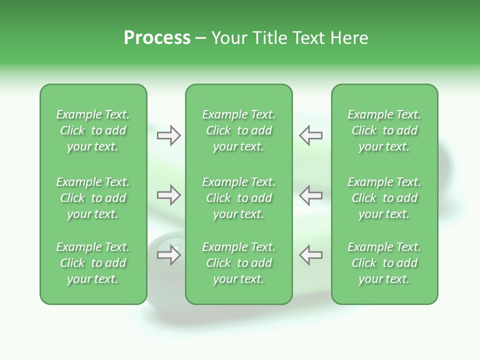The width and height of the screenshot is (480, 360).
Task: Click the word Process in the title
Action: point(157,38)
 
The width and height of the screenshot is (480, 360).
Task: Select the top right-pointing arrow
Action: point(169,135)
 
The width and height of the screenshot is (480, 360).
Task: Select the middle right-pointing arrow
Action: point(169,195)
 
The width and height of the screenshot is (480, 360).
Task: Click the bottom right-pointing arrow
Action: point(169,255)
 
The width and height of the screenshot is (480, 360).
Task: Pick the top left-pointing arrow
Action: point(311,135)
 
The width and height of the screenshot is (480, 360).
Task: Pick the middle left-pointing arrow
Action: point(311,195)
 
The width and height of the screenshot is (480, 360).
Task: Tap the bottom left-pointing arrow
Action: point(311,255)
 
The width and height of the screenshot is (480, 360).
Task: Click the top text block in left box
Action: point(93,130)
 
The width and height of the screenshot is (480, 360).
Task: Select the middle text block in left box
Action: point(93,198)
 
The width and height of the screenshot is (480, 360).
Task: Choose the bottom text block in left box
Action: point(93,263)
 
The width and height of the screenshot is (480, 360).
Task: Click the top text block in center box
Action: point(239,130)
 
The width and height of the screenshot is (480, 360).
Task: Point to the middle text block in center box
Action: point(239,198)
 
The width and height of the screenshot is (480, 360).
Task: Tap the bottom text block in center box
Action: point(239,263)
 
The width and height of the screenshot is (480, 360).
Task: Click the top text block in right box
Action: point(384,130)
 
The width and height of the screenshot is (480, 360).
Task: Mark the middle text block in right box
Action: point(384,198)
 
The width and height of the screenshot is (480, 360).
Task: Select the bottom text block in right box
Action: point(384,263)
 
